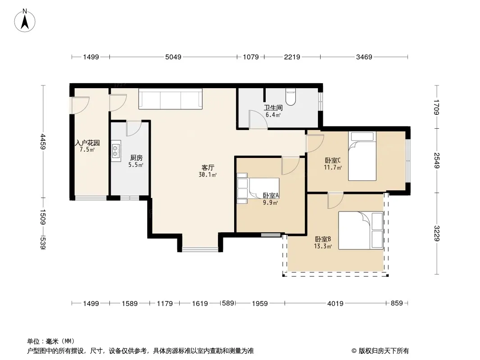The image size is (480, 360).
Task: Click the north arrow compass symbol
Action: click(25, 21)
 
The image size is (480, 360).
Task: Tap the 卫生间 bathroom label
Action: click(273, 108)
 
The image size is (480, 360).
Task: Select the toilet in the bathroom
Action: click(290, 97)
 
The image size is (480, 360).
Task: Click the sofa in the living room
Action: click(171, 99)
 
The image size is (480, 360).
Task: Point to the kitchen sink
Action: click(116, 151)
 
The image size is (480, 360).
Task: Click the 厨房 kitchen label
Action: click(136, 158)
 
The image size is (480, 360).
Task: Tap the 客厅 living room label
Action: click(208, 167)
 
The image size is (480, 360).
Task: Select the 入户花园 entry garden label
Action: click(87, 143)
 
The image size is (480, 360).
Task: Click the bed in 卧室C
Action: click(362, 156)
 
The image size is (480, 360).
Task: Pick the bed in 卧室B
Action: click(361, 230)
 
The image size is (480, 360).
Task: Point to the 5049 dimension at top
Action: click(173, 57)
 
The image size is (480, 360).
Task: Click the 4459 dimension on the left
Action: click(43, 142)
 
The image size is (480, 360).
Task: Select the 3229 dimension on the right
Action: click(437, 234)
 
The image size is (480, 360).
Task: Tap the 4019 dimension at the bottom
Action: click(335, 303)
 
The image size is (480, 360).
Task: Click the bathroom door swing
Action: click(258, 119)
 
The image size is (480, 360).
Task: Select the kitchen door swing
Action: click(134, 128)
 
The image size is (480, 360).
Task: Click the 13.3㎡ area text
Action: click(323, 246)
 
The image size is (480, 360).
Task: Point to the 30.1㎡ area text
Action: click(208, 175)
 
